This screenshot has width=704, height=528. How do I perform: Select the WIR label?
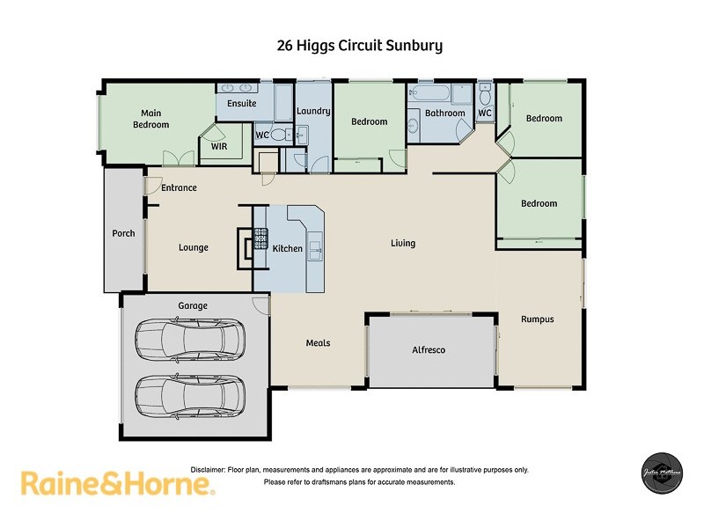[219, 147]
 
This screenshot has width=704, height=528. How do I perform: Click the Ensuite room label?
[241, 103]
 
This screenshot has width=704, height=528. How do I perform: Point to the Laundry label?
[312, 111]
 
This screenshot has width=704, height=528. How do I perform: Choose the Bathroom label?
[444, 113]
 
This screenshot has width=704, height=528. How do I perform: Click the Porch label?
[123, 233]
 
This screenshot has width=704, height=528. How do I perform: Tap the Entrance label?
[179, 187]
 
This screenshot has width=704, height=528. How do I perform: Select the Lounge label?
[194, 247]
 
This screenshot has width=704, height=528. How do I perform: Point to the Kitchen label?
[287, 248]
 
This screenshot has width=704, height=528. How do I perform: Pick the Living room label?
[403, 243]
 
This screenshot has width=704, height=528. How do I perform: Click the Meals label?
[318, 342]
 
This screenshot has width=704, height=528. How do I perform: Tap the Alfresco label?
[429, 349]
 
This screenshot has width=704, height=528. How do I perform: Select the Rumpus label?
[537, 319]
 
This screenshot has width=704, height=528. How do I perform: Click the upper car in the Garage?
[192, 337]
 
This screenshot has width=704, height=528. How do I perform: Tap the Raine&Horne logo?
[117, 484]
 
